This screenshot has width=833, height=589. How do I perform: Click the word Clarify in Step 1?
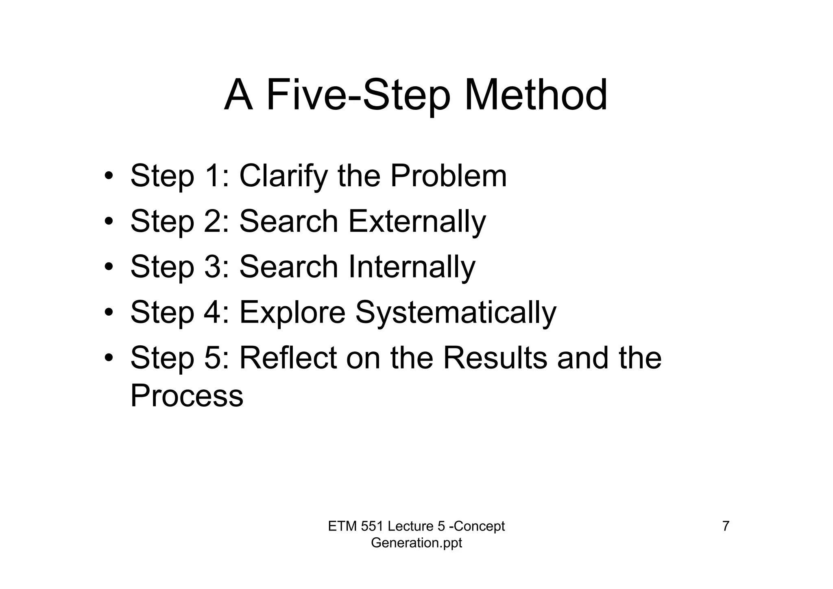283,176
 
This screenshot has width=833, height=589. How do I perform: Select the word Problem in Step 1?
449,176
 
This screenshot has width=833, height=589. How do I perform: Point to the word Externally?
417,222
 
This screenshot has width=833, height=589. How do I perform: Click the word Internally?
412,267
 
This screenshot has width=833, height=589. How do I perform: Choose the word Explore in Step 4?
292,312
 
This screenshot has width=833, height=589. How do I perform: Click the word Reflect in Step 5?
288,358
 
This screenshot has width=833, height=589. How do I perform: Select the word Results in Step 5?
495,358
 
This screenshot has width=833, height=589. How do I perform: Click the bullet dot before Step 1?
108,177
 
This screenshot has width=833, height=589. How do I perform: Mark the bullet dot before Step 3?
108,268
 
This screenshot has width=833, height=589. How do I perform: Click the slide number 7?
726,526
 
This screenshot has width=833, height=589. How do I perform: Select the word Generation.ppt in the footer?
416,543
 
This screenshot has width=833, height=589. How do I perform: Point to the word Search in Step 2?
289,222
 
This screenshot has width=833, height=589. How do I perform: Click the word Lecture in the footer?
411,526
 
